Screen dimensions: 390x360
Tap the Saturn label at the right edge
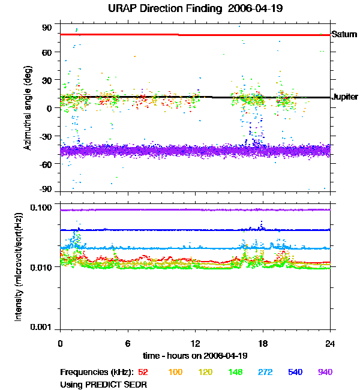click(344, 35)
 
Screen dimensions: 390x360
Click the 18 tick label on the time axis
click(263, 343)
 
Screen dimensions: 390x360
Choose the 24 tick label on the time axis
click(331, 343)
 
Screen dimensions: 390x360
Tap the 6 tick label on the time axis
click(128, 343)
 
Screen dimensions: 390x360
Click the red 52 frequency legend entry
click(143, 372)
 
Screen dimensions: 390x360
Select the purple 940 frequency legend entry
click(325, 372)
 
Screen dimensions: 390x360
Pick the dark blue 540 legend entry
click(295, 372)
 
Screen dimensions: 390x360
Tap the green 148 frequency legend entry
click(235, 372)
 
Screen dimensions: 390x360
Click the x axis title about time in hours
click(196, 355)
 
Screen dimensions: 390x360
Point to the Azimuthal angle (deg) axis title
click(28, 108)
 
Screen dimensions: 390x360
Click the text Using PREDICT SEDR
click(104, 384)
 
